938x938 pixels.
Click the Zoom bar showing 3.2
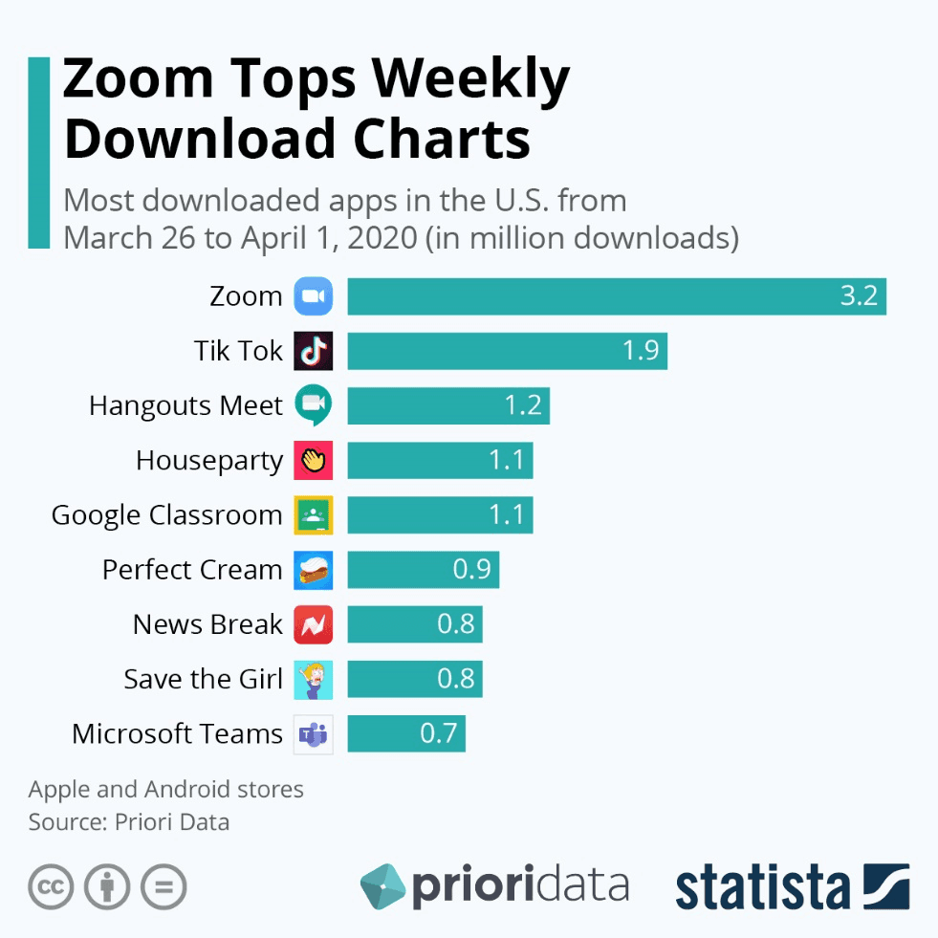(x=617, y=296)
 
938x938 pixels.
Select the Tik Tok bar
(x=507, y=351)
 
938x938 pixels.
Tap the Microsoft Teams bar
(x=406, y=734)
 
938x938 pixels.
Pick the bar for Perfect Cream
(x=423, y=570)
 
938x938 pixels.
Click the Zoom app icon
(x=314, y=296)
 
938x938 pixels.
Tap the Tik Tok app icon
(x=314, y=351)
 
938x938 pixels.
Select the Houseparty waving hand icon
(x=314, y=461)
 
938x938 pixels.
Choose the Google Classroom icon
(x=314, y=515)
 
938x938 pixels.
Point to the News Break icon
(x=314, y=624)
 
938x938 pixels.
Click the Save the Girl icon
(x=314, y=680)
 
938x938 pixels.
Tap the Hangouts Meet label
(x=185, y=405)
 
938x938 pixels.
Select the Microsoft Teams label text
(x=177, y=734)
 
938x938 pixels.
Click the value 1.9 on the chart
(x=641, y=351)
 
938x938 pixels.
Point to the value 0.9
(x=471, y=570)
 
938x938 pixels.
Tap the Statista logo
(x=792, y=886)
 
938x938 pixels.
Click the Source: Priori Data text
(x=129, y=822)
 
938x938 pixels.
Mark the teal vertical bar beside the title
(x=38, y=153)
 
